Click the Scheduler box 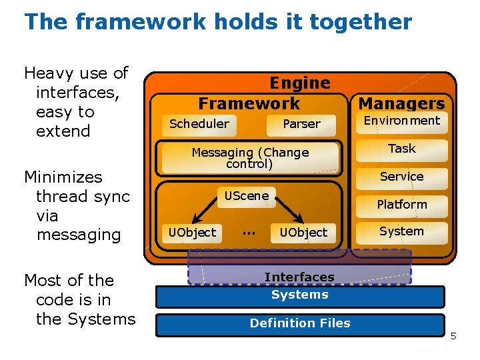tap(199, 124)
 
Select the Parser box tap(301, 124)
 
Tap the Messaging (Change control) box tap(250, 158)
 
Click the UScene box tap(247, 196)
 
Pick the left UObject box tap(192, 233)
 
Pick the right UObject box tap(303, 233)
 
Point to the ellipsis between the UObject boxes tap(249, 232)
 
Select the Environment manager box tap(401, 121)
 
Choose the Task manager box tap(401, 149)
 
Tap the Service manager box tap(401, 177)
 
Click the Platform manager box tap(401, 205)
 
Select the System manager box tap(401, 232)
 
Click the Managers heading tap(401, 103)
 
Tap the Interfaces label tap(299, 277)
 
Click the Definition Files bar tap(300, 323)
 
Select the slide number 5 tap(453, 336)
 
